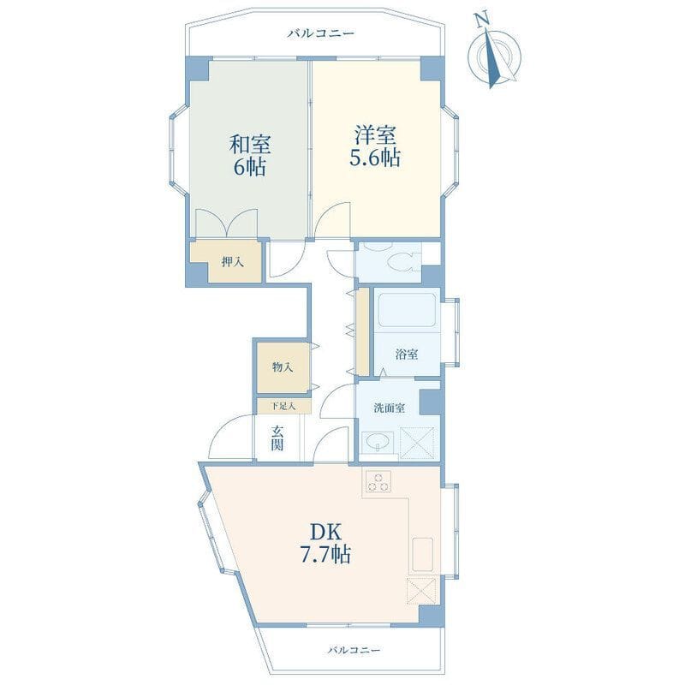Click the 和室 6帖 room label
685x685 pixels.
coord(250,155)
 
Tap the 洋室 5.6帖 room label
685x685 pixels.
coord(375,146)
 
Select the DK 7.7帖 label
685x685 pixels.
coord(325,543)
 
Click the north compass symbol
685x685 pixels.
coord(494,55)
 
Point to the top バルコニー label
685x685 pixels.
coord(321,33)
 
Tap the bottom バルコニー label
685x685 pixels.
coord(354,650)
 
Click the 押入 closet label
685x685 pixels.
coord(232,262)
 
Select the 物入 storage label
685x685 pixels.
coord(283,367)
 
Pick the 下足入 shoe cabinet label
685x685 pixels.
coord(283,406)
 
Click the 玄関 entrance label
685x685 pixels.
coord(277,438)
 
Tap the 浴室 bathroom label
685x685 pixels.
coord(407,354)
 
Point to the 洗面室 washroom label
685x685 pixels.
coord(389,408)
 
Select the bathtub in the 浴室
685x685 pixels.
coord(407,310)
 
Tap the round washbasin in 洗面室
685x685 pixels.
coord(376,443)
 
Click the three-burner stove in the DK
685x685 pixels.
coord(378,482)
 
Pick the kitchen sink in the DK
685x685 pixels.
coord(422,554)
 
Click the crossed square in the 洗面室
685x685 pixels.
coord(417,443)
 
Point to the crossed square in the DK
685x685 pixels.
coord(421,591)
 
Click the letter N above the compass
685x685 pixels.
coord(482,21)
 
